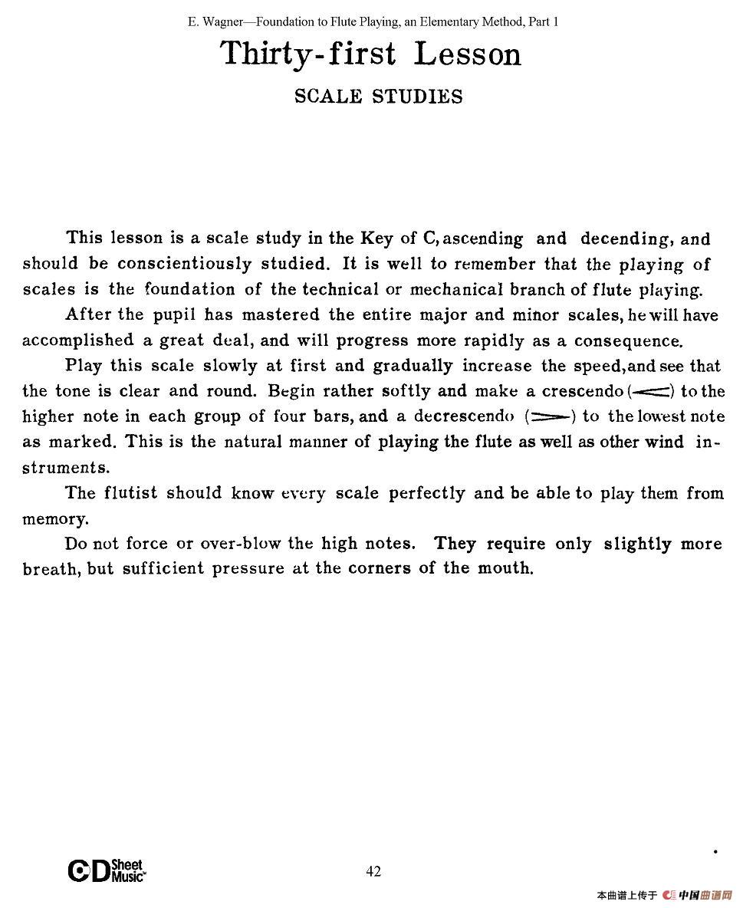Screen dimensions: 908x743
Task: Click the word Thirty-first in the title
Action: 308,54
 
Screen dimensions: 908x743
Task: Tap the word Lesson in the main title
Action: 467,54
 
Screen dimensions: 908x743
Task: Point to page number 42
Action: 373,871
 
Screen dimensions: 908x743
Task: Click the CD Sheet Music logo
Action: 107,871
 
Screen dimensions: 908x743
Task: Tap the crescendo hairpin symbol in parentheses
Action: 651,391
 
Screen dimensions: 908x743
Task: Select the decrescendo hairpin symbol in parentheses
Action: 551,416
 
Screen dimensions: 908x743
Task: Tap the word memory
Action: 55,519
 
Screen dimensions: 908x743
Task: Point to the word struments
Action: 65,467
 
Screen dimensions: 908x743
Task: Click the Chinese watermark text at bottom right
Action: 662,895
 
